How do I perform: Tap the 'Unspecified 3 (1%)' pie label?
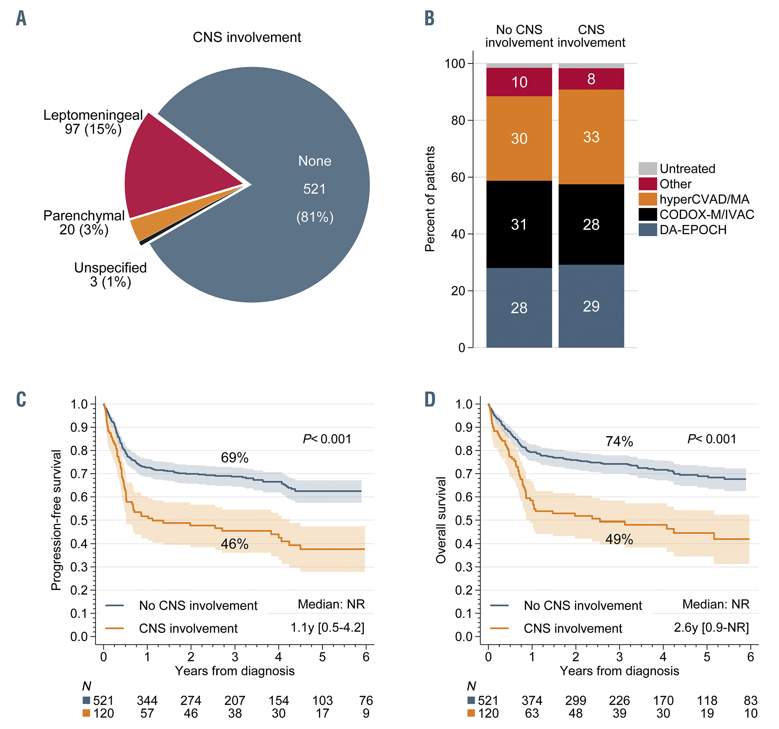110,275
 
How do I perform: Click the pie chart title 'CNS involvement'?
247,37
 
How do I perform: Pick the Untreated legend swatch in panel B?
647,169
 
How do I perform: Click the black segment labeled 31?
519,224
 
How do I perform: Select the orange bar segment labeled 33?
591,137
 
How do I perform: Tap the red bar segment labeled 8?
591,79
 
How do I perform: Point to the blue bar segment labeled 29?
591,306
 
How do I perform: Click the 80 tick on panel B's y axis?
458,121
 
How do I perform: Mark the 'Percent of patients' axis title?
430,199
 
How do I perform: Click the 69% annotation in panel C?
234,458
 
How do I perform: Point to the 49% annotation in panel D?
619,539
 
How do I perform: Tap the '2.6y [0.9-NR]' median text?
711,628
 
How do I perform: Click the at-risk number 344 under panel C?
147,700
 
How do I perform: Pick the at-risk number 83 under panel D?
750,700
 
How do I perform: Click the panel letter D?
430,399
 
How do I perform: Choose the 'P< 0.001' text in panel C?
327,439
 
